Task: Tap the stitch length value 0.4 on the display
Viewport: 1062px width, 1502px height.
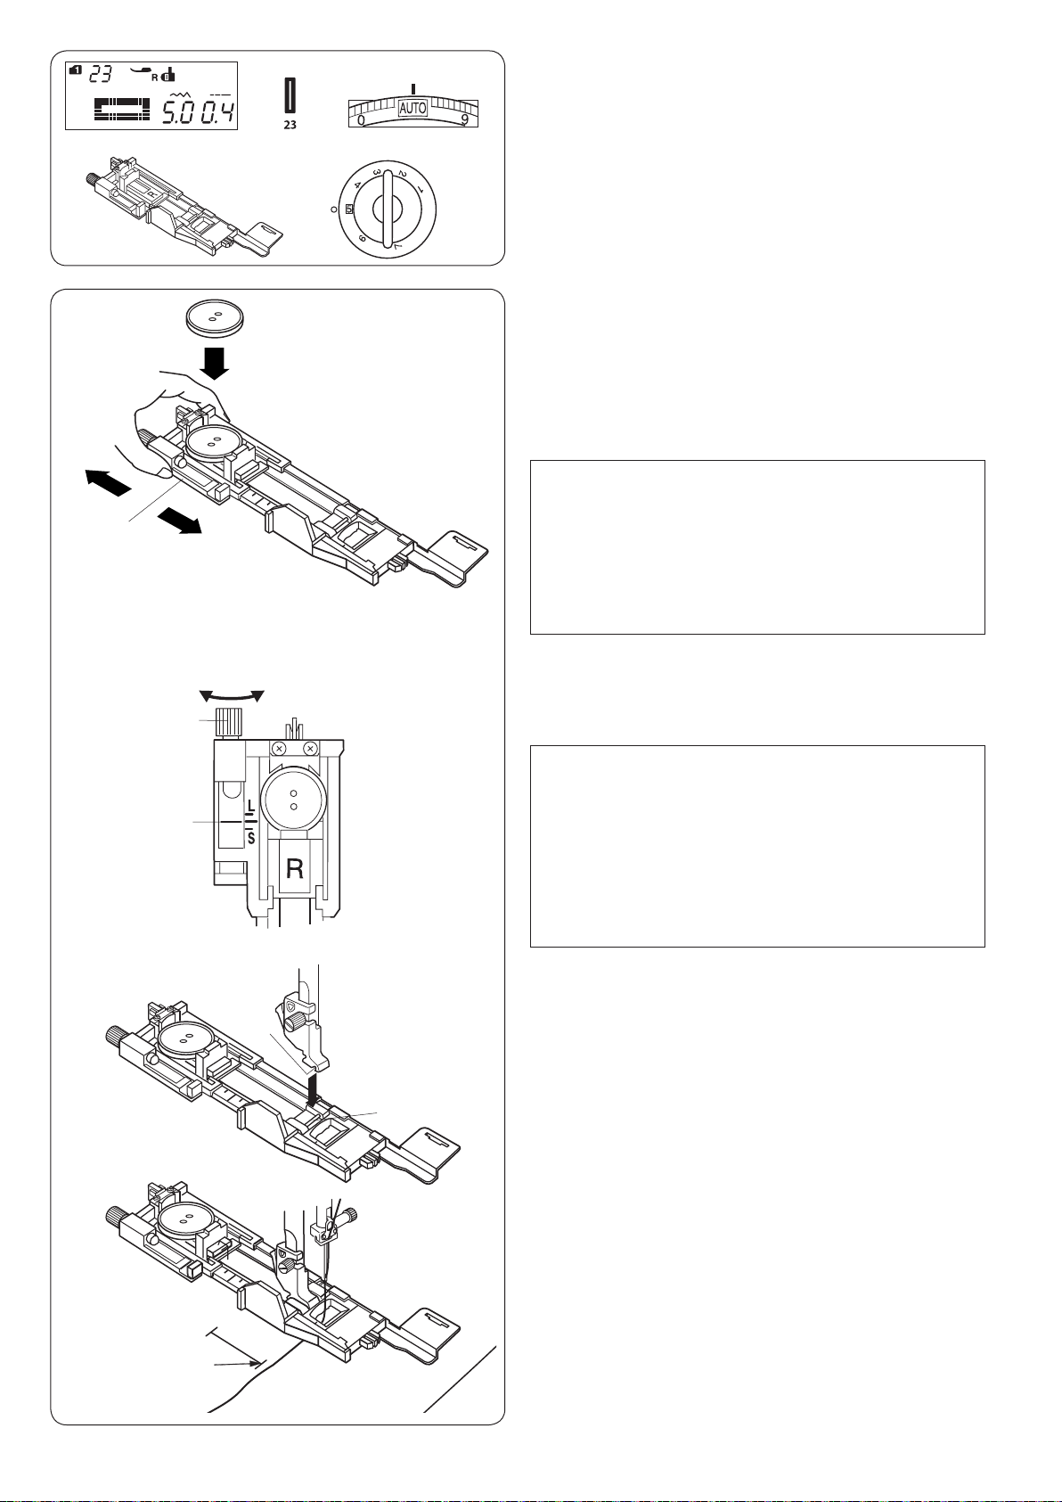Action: (x=217, y=112)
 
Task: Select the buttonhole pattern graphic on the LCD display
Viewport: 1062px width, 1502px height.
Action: (x=122, y=109)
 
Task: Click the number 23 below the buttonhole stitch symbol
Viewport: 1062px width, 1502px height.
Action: (x=290, y=125)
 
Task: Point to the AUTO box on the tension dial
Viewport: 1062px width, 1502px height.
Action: (x=413, y=108)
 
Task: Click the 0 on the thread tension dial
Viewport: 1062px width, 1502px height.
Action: (x=361, y=120)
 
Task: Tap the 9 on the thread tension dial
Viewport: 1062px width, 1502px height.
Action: (x=464, y=121)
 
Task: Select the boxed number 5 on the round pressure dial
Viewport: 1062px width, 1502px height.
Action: (x=349, y=209)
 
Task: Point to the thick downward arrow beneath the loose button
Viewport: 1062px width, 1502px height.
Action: (x=215, y=365)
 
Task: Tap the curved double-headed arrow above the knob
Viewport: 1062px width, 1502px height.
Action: (x=232, y=696)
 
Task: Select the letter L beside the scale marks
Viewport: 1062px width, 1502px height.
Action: (x=250, y=805)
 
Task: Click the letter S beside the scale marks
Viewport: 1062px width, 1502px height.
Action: (x=251, y=838)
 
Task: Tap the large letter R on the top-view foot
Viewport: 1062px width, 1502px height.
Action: (x=294, y=869)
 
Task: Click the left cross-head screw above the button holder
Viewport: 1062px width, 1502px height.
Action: (x=281, y=748)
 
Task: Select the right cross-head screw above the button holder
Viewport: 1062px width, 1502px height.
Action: (x=310, y=748)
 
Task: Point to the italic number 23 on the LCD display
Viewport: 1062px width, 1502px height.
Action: (x=101, y=73)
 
